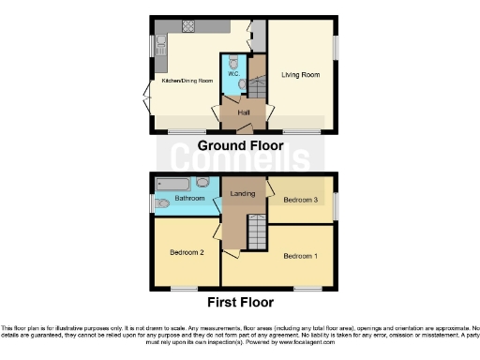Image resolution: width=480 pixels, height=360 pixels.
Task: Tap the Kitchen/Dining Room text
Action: coord(184,82)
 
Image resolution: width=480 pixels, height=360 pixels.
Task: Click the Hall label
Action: coord(244,112)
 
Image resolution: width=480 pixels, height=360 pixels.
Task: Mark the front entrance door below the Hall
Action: coord(244,127)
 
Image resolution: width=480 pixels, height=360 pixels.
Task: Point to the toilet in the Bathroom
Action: coord(161,201)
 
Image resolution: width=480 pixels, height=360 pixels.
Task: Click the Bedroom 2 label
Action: coord(187,252)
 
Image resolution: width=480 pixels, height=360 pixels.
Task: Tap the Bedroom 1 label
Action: coord(301,256)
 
